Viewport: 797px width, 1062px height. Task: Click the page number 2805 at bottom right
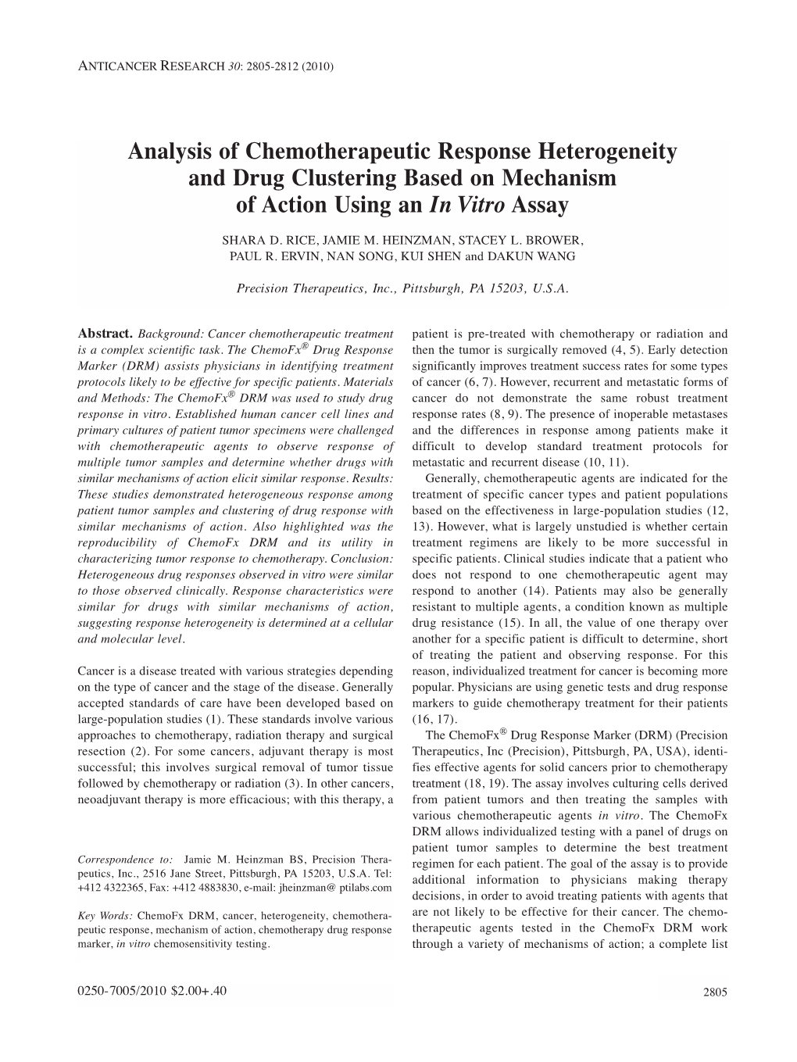[x=715, y=992]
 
